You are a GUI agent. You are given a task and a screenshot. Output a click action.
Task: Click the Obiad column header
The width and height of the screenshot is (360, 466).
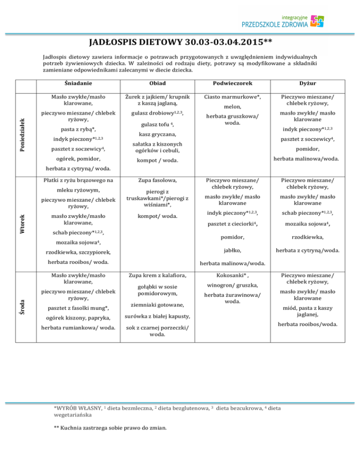tap(150, 83)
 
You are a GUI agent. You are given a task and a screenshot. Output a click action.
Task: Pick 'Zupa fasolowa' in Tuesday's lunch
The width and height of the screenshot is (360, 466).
tap(150, 179)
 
